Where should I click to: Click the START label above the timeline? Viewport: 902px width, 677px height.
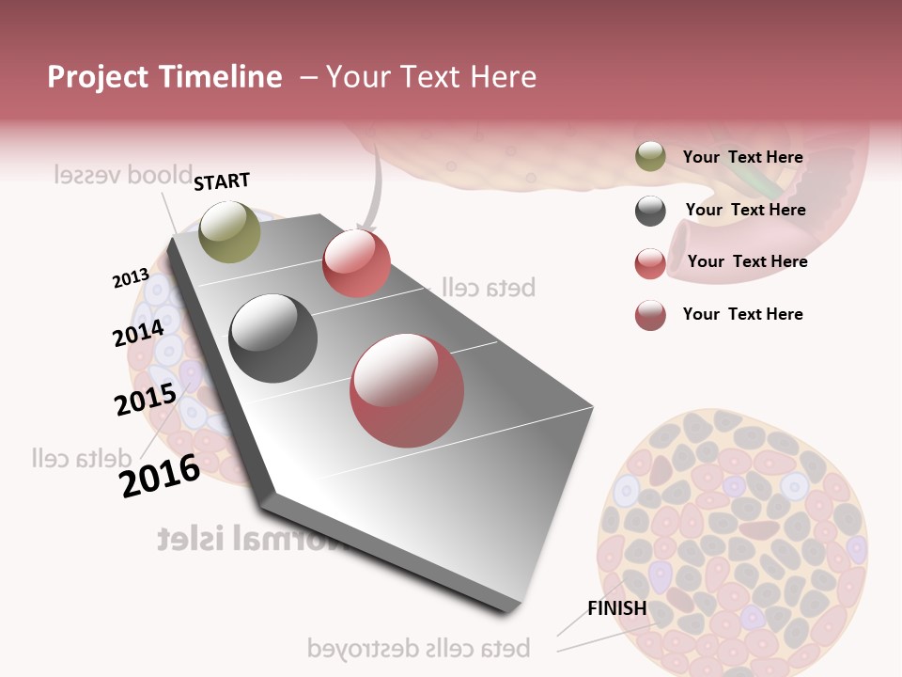click(x=222, y=181)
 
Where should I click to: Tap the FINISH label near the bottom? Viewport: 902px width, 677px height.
click(x=617, y=608)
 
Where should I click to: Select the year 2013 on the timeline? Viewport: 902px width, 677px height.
click(x=131, y=277)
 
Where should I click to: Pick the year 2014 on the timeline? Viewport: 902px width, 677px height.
click(x=138, y=333)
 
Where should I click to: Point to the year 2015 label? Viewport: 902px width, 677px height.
click(x=146, y=399)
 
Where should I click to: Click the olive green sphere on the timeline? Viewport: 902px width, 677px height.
click(x=229, y=231)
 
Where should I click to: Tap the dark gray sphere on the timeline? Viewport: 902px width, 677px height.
click(x=273, y=338)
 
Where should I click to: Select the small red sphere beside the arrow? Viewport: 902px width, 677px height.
click(x=356, y=263)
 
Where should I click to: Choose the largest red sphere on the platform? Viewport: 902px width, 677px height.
click(x=407, y=389)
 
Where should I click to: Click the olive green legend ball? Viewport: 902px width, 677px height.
click(x=650, y=157)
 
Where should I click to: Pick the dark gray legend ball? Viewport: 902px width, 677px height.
click(x=650, y=211)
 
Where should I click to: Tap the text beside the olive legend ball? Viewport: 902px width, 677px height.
click(x=742, y=158)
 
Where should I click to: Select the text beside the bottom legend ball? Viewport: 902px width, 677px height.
click(x=742, y=314)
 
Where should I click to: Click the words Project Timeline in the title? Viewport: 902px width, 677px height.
click(x=164, y=77)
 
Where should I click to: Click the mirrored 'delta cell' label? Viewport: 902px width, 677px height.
click(x=82, y=458)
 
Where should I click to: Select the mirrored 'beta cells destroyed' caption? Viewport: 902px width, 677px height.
click(x=419, y=648)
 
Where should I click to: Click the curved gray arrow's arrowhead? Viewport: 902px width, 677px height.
click(x=366, y=228)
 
